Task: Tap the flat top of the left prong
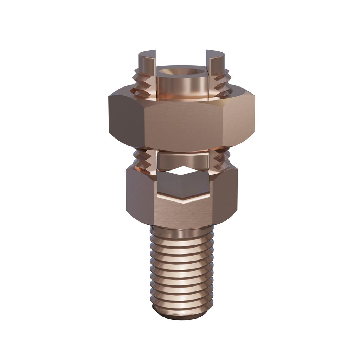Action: (x=147, y=55)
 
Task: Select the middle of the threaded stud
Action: (x=181, y=271)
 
